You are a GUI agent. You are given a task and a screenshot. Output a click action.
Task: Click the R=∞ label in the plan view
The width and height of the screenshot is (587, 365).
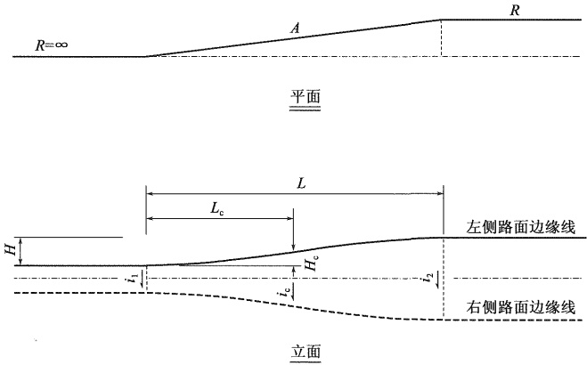click(52, 45)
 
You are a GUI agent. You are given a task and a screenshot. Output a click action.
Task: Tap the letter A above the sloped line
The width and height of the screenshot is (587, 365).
click(296, 28)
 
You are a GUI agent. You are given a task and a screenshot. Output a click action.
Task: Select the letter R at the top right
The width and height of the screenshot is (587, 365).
click(515, 11)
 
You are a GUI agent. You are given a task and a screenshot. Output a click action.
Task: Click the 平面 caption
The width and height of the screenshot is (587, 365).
click(306, 97)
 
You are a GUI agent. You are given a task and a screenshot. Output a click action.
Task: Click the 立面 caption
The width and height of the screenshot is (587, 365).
click(306, 352)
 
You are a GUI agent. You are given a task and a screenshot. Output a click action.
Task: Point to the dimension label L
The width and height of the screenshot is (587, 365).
click(301, 183)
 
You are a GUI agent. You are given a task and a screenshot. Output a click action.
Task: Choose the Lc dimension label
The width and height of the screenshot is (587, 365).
click(216, 209)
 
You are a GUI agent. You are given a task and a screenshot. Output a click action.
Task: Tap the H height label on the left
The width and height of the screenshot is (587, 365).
click(12, 249)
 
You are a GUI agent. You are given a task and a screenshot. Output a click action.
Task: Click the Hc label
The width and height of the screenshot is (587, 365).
click(311, 264)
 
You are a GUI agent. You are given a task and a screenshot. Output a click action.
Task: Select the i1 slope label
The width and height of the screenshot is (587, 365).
click(134, 279)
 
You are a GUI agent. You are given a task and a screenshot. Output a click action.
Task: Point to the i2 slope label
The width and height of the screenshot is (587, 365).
click(430, 278)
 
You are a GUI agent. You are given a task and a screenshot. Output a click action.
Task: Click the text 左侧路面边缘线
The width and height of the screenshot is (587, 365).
click(520, 227)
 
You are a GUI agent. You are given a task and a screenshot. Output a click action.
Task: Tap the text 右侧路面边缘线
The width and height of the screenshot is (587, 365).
click(520, 307)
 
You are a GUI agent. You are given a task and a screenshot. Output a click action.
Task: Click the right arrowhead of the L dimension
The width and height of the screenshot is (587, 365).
click(440, 194)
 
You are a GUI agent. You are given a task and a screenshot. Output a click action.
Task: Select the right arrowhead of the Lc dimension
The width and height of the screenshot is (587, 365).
click(289, 217)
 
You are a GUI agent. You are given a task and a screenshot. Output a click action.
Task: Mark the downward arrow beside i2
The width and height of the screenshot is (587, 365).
click(437, 280)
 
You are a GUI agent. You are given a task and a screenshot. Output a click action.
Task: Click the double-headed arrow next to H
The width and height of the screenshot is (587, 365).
click(21, 251)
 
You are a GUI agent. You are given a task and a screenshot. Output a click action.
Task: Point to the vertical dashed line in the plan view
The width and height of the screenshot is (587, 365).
click(441, 37)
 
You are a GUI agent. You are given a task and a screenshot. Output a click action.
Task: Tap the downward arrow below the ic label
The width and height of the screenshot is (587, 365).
click(293, 292)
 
